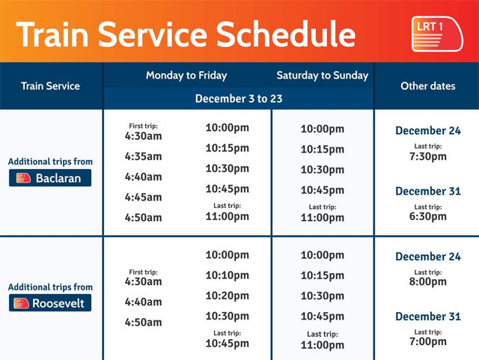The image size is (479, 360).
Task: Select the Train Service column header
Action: point(51,86)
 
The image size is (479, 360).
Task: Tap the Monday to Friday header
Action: point(186,76)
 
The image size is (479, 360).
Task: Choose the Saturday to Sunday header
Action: point(322,76)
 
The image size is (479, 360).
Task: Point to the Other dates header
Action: point(427,86)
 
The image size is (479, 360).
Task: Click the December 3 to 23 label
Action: point(239,99)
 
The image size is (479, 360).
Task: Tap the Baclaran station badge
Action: point(51,178)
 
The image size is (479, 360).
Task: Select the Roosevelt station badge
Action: point(51,303)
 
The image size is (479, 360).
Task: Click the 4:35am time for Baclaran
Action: point(144,157)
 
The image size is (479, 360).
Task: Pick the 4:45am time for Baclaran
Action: point(144,198)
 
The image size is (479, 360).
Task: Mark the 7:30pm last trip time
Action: point(428,157)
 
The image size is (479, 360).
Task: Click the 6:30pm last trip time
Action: point(428,217)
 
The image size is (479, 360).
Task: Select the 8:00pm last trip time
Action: point(428,283)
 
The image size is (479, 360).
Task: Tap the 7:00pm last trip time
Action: point(428,342)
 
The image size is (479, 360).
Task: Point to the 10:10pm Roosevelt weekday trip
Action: point(228,275)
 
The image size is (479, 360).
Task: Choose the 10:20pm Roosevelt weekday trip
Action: point(228,296)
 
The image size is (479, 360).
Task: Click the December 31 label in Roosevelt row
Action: point(428,317)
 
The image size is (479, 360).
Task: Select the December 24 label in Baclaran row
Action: point(428,131)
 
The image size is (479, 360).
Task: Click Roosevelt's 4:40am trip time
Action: point(144,302)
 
